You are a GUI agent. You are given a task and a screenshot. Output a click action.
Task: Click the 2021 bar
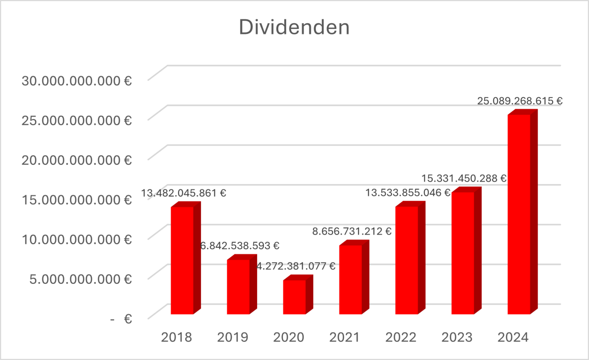coord(350,279)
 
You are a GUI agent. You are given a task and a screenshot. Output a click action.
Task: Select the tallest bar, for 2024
coord(519,214)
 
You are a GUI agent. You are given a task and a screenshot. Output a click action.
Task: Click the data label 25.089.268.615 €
coord(520,101)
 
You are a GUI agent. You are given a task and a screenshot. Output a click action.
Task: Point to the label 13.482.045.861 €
coord(183,193)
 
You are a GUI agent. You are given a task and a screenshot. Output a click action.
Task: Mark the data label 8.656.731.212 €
coord(352,231)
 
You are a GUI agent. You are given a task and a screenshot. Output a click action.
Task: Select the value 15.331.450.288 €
coord(464,178)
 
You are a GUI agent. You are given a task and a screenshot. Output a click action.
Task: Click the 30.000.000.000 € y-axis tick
coord(77,81)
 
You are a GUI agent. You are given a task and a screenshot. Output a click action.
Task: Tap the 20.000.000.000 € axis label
coord(77,160)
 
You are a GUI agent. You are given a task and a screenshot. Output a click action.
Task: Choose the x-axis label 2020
coord(288,337)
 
